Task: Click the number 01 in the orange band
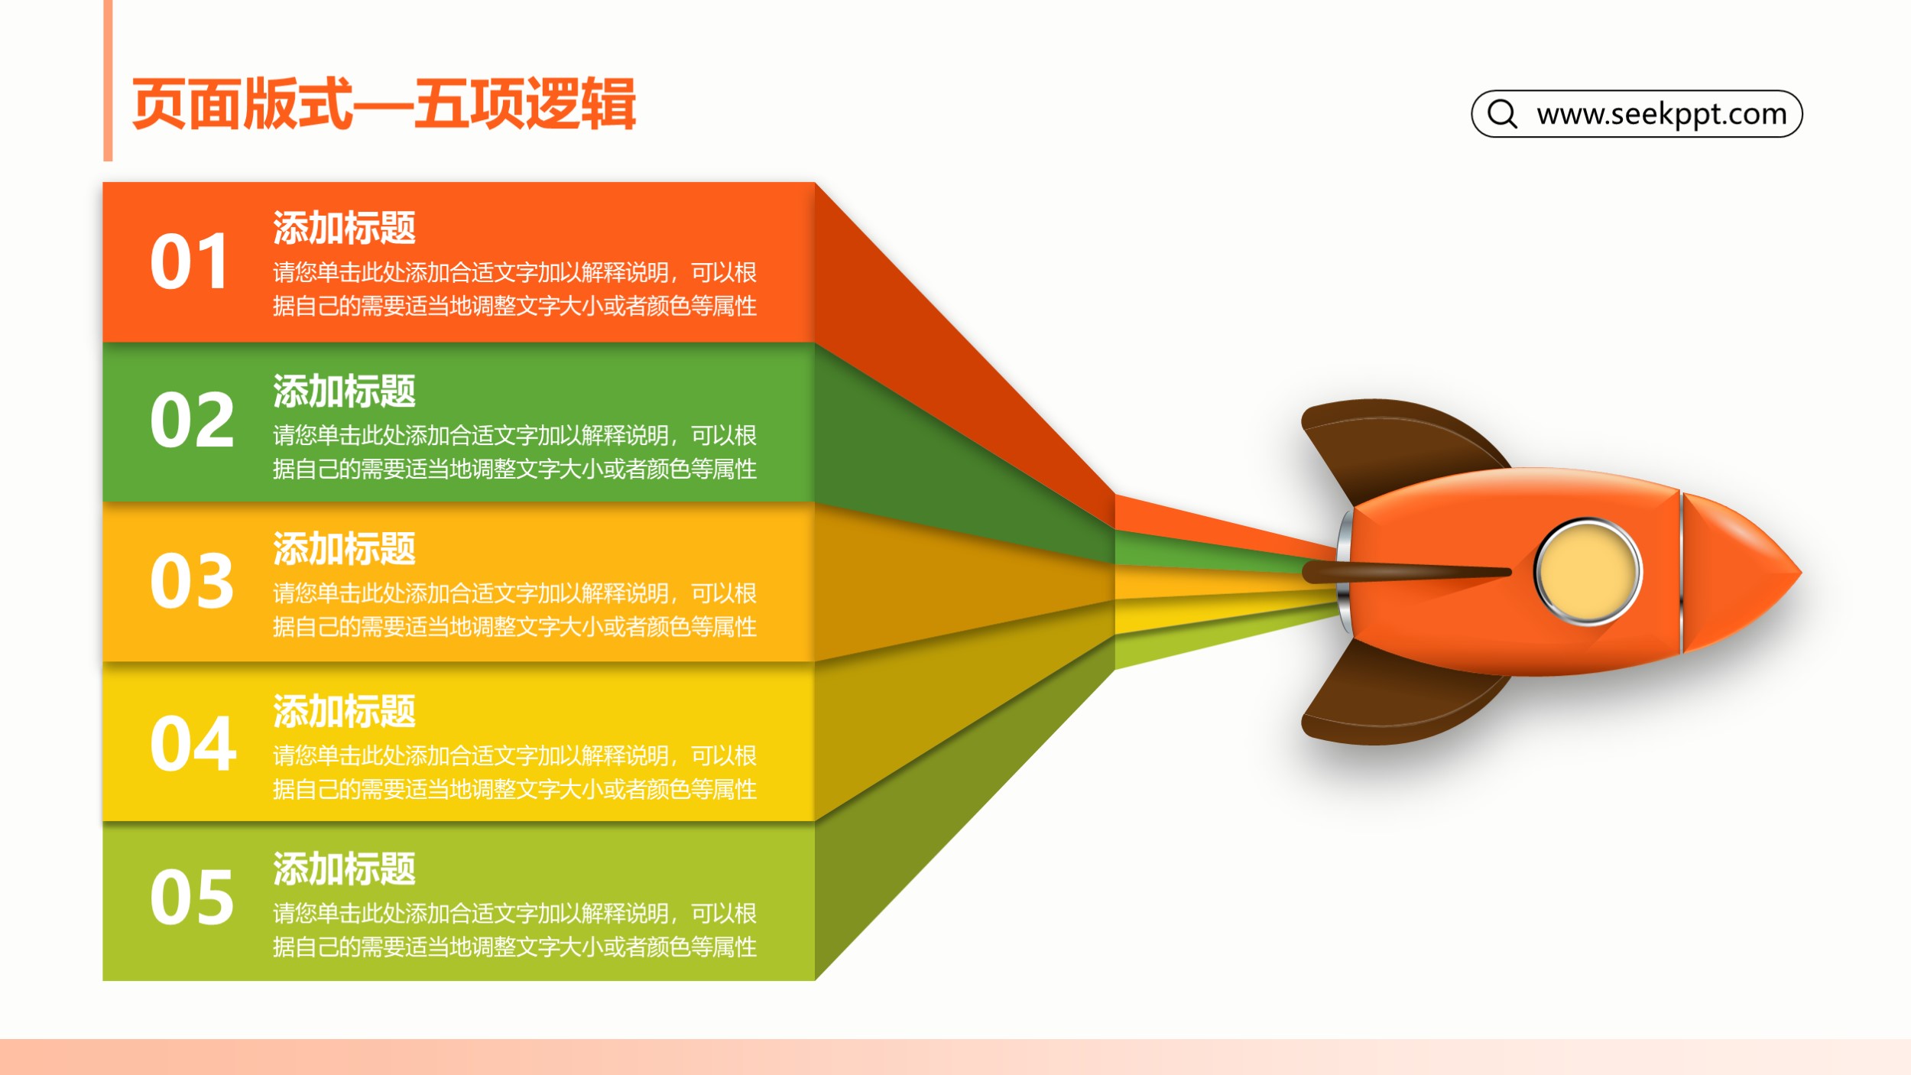point(189,261)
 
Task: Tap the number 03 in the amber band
point(192,581)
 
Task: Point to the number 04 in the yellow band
point(193,743)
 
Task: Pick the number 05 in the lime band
point(192,898)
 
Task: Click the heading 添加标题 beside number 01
point(344,228)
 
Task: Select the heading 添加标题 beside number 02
point(344,391)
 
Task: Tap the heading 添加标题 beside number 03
point(344,549)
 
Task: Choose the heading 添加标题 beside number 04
point(344,711)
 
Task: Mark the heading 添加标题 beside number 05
point(344,869)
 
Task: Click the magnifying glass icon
point(1502,113)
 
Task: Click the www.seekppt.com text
point(1662,114)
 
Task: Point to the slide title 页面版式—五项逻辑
point(384,104)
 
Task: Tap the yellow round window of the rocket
point(1588,571)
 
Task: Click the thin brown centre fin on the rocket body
point(1406,572)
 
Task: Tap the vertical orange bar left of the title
point(108,80)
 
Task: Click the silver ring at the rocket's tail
point(1345,572)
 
